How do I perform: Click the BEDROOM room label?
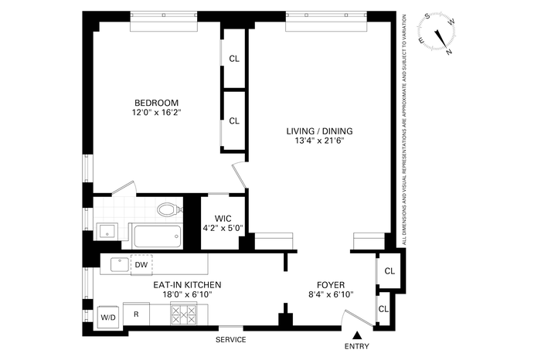click(x=156, y=103)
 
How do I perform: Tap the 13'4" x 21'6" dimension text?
click(x=319, y=141)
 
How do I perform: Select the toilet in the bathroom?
click(x=169, y=209)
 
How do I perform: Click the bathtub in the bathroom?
click(x=158, y=236)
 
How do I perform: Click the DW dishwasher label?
click(x=141, y=265)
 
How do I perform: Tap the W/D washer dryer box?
click(x=108, y=318)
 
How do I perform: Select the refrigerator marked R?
click(x=136, y=314)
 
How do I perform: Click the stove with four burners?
click(x=184, y=315)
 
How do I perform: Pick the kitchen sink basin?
click(x=119, y=264)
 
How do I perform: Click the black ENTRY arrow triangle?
click(x=357, y=335)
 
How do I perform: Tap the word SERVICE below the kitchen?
click(x=231, y=340)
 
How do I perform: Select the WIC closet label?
click(x=223, y=219)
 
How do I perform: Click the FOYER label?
click(x=331, y=285)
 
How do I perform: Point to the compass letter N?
click(x=449, y=52)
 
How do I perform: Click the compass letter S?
click(x=427, y=16)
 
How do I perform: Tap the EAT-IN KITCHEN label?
click(x=187, y=285)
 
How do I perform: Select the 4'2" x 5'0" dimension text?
click(x=223, y=228)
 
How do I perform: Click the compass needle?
click(x=441, y=39)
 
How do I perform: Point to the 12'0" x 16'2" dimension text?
click(x=156, y=112)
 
